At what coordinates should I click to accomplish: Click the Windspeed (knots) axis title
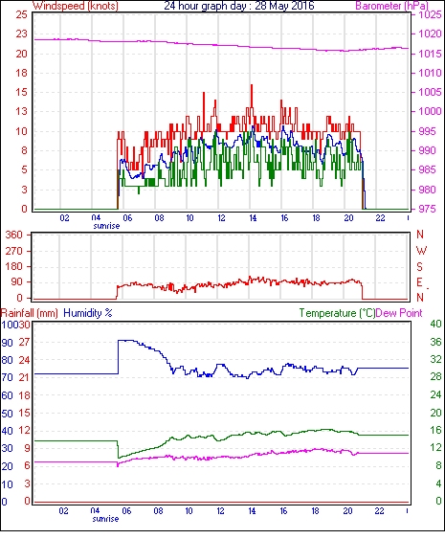[x=75, y=6]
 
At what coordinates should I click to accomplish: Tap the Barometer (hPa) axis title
[x=391, y=6]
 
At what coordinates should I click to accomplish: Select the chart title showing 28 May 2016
[x=239, y=6]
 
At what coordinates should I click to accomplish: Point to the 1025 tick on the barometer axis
[x=430, y=14]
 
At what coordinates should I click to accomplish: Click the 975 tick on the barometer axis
[x=428, y=209]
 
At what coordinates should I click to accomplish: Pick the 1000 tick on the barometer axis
[x=430, y=111]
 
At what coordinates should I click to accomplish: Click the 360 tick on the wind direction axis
[x=14, y=236]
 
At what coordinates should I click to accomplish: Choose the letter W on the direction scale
[x=421, y=251]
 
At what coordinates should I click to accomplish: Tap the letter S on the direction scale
[x=419, y=266]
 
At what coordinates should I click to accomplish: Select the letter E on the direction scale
[x=419, y=282]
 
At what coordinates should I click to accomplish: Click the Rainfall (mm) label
[x=30, y=313]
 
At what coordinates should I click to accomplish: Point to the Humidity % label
[x=88, y=313]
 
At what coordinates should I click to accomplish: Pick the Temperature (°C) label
[x=337, y=313]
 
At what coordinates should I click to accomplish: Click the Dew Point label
[x=399, y=313]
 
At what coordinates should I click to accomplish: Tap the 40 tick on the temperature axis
[x=435, y=324]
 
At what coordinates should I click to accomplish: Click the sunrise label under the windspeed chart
[x=106, y=226]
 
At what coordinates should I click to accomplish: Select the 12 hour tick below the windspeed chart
[x=221, y=218]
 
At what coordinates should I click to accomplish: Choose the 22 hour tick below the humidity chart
[x=379, y=511]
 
